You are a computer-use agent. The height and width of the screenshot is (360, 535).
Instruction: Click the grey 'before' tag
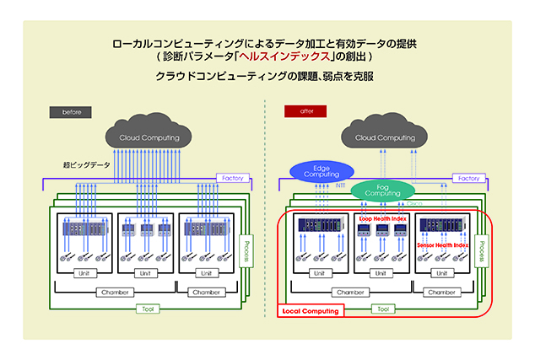tap(71, 111)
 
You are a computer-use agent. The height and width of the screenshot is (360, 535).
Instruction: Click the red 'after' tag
tap(300, 111)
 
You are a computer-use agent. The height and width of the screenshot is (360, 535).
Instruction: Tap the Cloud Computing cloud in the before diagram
tap(149, 137)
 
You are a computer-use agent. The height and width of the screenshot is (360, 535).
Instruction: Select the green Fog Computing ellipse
tap(382, 190)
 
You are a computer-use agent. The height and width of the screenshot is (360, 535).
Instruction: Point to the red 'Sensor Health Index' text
tap(443, 244)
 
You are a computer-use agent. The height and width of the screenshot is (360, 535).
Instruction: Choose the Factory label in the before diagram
tap(231, 178)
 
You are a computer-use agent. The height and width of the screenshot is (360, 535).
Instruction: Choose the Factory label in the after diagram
tap(466, 178)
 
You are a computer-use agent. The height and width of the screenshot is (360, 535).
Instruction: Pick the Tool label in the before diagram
tap(149, 309)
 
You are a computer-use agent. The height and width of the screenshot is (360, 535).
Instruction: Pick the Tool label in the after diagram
tap(383, 309)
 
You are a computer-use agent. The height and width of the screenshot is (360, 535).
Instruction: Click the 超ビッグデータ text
tap(79, 164)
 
